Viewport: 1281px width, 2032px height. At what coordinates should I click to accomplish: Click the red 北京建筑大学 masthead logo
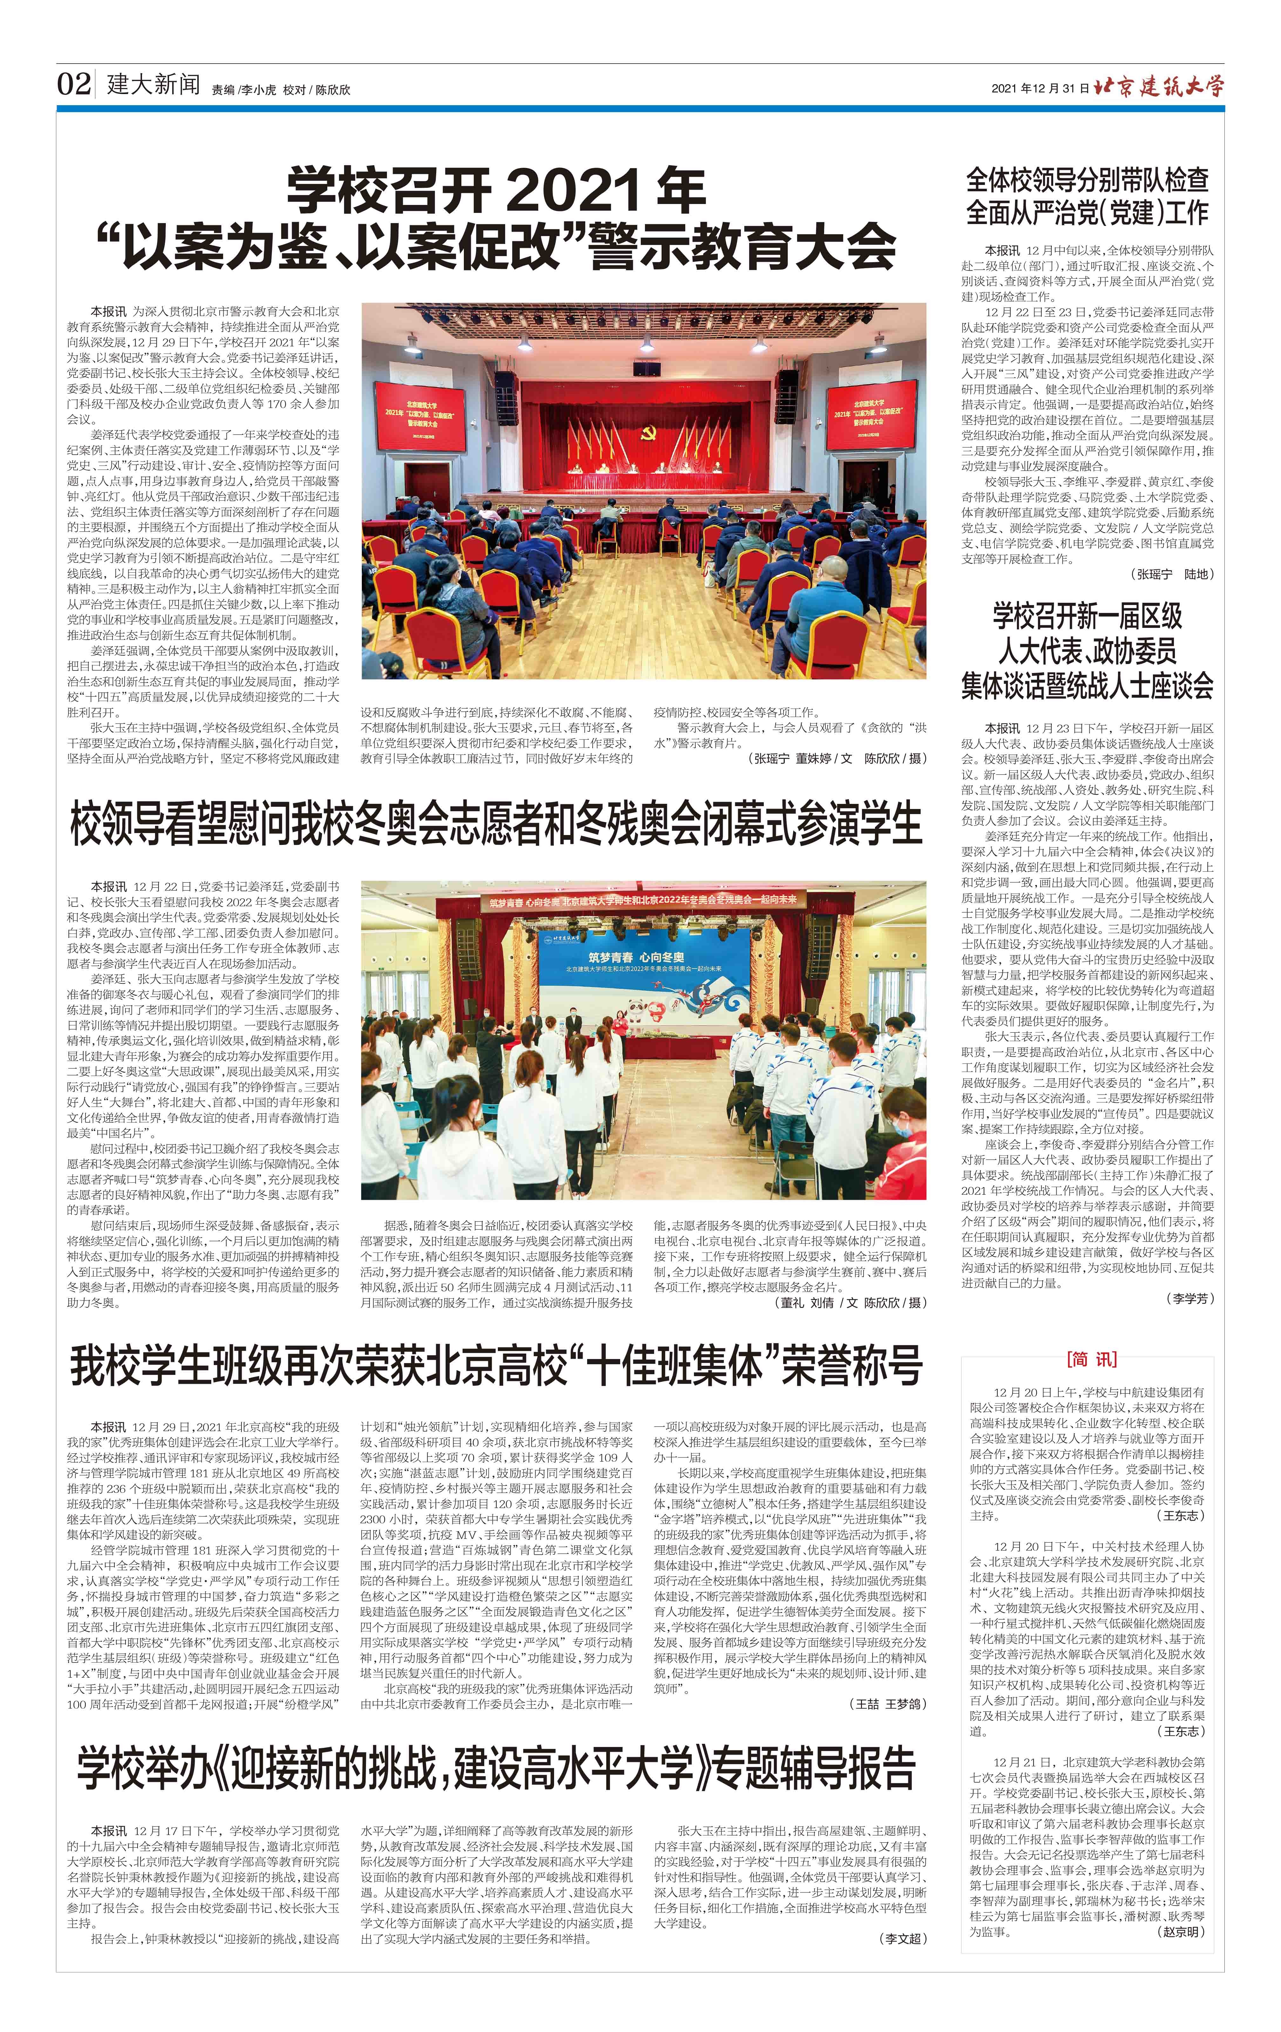1158,85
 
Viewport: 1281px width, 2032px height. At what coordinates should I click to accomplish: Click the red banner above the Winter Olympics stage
641,901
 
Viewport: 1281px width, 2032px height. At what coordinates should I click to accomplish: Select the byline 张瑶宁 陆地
1173,574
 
